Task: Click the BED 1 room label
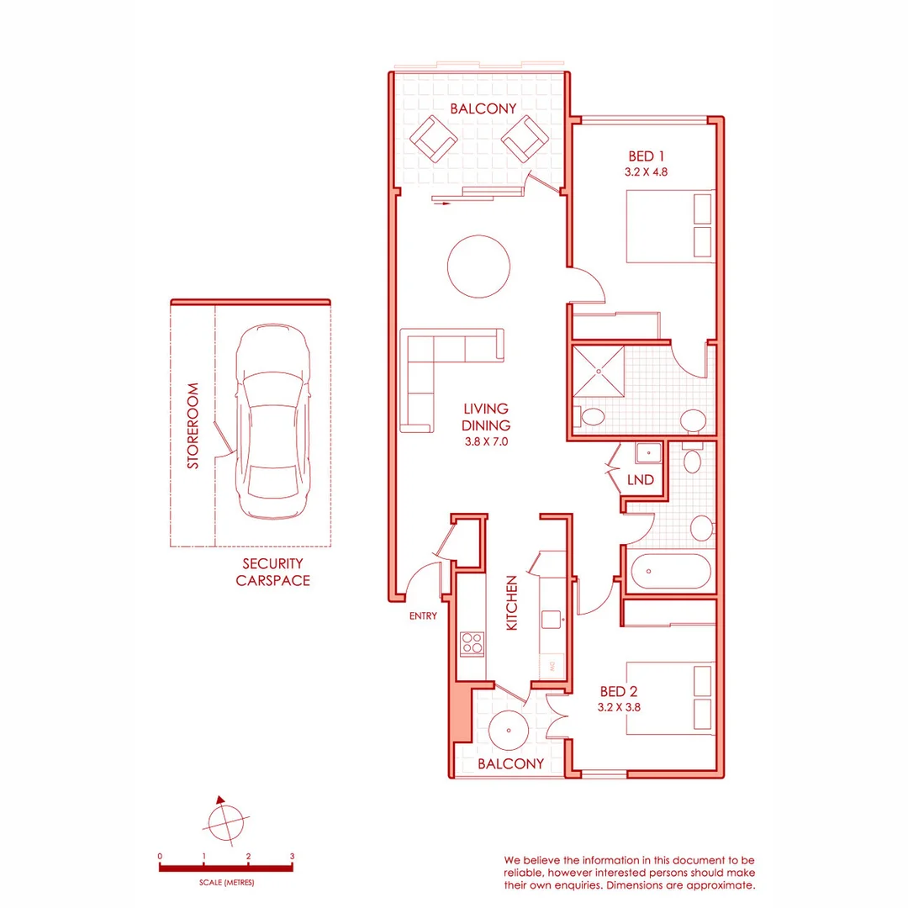tap(647, 156)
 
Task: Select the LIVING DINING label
tap(487, 417)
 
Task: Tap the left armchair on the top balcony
tap(433, 138)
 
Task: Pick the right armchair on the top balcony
tap(524, 137)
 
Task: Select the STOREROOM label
tap(193, 426)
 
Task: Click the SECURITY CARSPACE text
tap(272, 572)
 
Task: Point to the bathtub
tap(671, 572)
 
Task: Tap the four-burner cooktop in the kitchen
tap(472, 644)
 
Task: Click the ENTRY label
tap(423, 616)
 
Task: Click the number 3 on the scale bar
tap(292, 856)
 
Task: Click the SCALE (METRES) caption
tap(226, 884)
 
